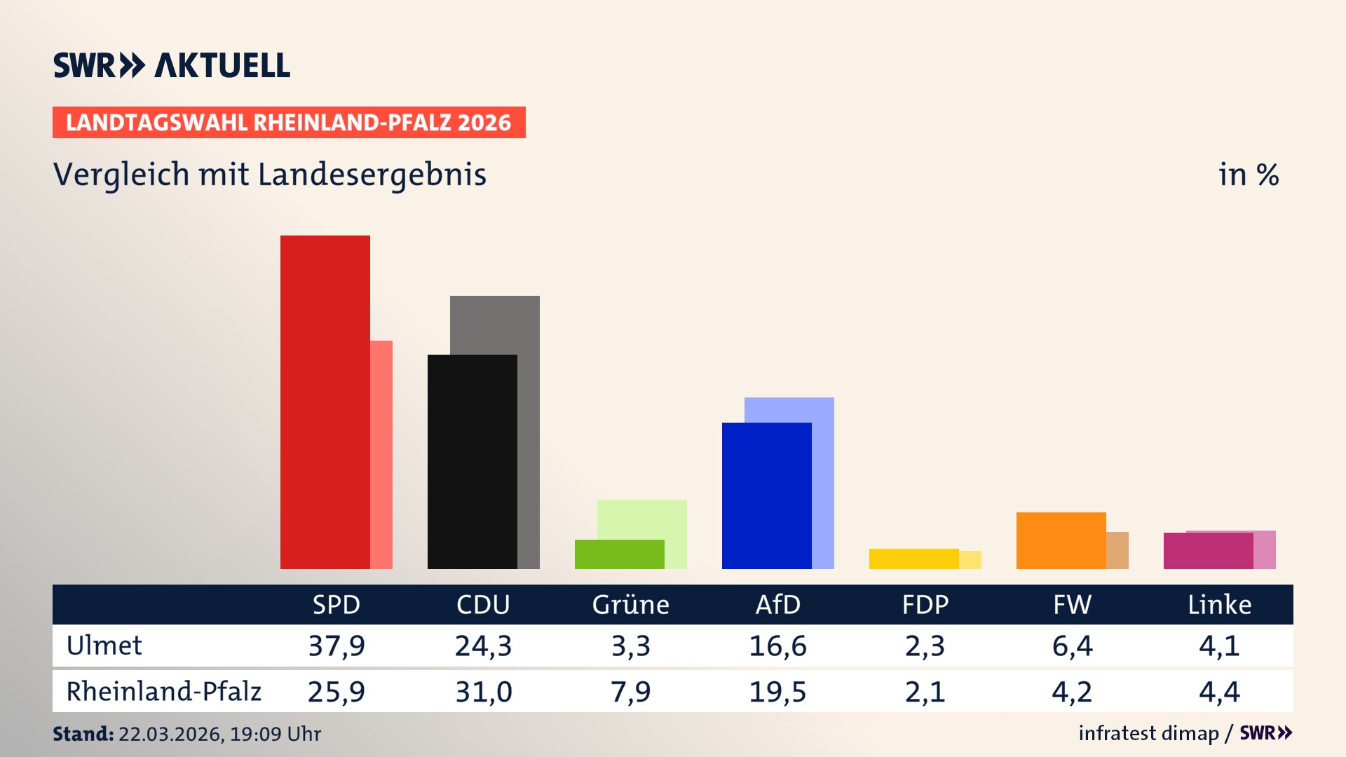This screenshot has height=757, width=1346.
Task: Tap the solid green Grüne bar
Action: (x=619, y=554)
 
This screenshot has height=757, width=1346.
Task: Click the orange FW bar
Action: (x=1061, y=540)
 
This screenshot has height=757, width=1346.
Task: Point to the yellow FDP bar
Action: (x=913, y=559)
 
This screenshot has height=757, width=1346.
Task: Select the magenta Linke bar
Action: (x=1208, y=550)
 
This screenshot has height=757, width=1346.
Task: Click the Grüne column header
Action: (x=630, y=604)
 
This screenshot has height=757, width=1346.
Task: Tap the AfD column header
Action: (x=777, y=604)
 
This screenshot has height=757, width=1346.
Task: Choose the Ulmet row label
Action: (x=104, y=646)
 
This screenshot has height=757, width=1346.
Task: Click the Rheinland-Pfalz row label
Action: (x=163, y=691)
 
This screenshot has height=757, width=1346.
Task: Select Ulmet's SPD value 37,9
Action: (x=336, y=646)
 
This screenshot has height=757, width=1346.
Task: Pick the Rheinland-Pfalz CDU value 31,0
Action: (x=484, y=692)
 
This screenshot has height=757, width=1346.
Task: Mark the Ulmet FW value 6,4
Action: (x=1072, y=646)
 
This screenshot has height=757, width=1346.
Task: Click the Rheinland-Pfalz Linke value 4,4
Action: (x=1219, y=692)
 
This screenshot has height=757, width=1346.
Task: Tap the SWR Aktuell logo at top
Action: (x=172, y=65)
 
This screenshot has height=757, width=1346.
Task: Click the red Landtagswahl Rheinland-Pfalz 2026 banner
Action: (x=289, y=122)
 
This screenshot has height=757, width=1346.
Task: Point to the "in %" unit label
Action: (x=1248, y=175)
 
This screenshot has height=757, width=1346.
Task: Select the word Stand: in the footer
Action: (x=83, y=734)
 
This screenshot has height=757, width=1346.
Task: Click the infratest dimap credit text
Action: (x=1148, y=733)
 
